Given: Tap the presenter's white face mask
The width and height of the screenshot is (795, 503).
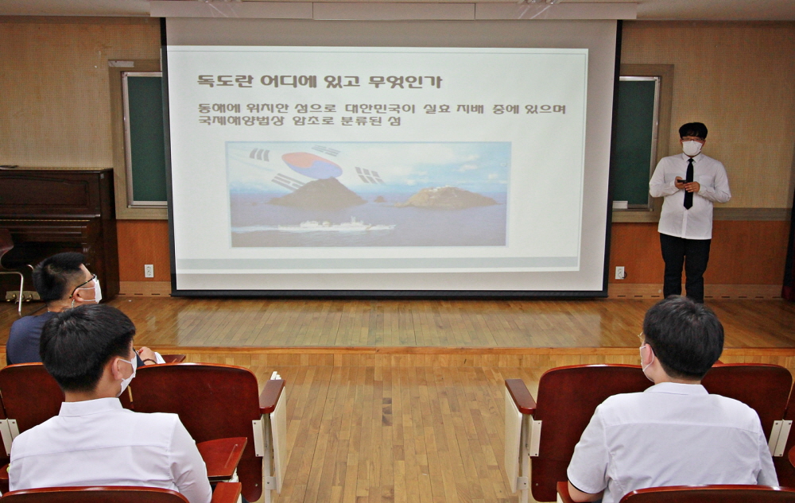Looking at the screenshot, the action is [x=692, y=148].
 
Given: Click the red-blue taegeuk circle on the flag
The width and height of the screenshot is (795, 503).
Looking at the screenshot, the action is [x=312, y=164].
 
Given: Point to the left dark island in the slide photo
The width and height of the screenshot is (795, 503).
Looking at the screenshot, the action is [x=318, y=193].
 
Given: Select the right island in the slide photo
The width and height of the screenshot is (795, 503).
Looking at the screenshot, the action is [x=447, y=198].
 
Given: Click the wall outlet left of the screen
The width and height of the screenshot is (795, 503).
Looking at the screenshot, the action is [x=149, y=271].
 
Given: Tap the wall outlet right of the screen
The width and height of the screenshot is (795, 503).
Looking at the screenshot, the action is [x=619, y=273].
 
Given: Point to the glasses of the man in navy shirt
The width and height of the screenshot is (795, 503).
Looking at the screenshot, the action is [x=83, y=284].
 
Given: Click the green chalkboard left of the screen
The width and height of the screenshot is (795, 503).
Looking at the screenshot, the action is [x=145, y=138].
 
